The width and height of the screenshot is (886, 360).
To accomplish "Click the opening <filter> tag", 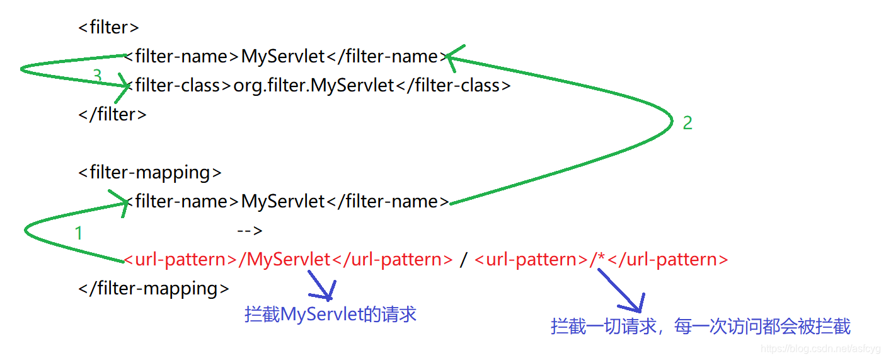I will tap(108, 28).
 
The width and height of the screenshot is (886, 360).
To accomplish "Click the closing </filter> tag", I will tap(112, 114).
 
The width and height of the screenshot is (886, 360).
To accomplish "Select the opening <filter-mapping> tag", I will tap(150, 172).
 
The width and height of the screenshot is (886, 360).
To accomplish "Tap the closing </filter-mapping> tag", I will tap(154, 288).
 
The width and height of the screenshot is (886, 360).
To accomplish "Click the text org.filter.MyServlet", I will tap(314, 85).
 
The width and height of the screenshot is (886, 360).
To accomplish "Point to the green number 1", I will tap(79, 234).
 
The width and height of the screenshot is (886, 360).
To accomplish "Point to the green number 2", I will tap(688, 123).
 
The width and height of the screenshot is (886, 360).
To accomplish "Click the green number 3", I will tap(96, 76).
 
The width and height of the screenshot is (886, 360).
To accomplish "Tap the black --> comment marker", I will tap(250, 231).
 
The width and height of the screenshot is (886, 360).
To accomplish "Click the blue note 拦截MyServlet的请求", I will tap(330, 314).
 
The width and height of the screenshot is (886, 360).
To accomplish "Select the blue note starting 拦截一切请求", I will tap(700, 326).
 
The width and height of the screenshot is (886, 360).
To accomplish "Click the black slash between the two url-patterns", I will tap(463, 260).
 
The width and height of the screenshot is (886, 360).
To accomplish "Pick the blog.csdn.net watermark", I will tap(820, 348).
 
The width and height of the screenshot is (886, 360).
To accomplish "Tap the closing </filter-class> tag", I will tap(453, 85).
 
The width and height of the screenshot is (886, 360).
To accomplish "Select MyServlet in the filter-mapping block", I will tap(283, 201).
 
